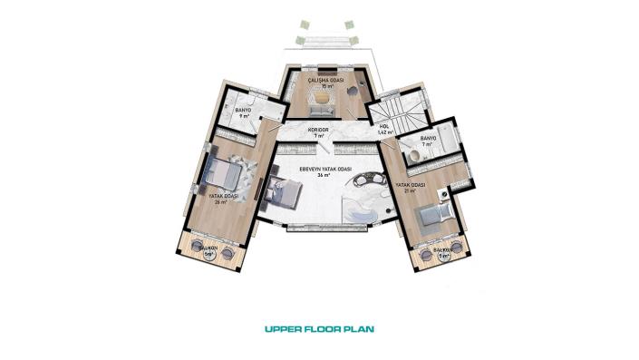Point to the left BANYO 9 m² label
point(243,113)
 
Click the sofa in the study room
point(320,111)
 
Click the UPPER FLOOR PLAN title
point(318,329)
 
